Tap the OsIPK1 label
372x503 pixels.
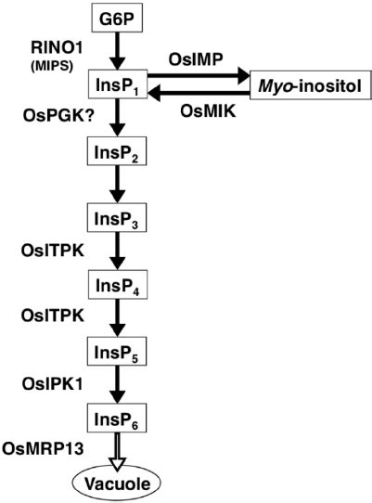(x=49, y=380)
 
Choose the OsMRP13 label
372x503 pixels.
(x=39, y=448)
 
